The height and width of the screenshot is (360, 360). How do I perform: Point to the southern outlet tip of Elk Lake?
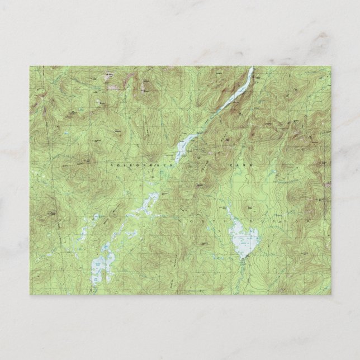coord(242,259)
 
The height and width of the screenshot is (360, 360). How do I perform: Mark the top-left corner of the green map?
coord(30,66)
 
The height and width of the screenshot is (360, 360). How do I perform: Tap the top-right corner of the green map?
coord(330,66)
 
